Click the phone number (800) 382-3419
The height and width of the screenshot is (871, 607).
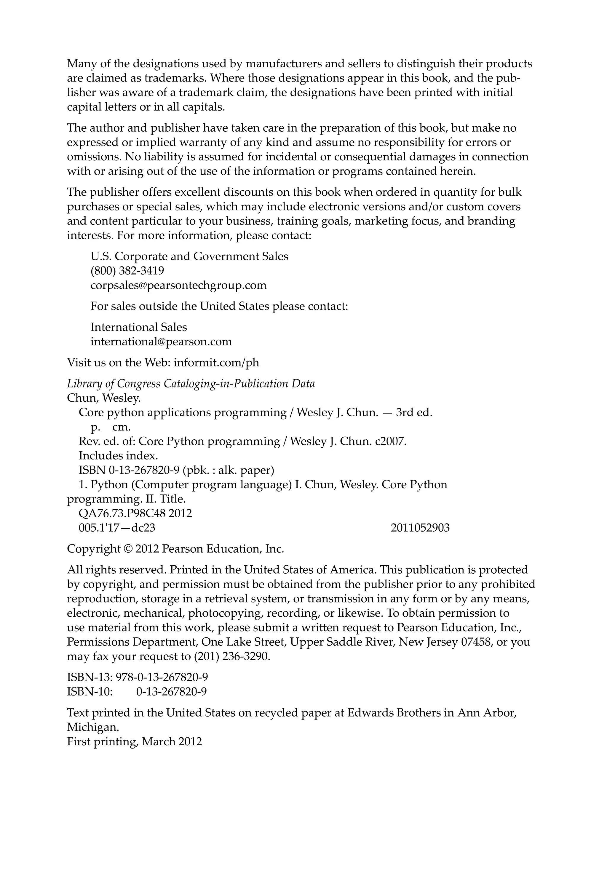click(x=127, y=271)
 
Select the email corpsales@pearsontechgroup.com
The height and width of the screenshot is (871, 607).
click(x=178, y=285)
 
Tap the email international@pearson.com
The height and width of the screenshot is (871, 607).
click(x=161, y=342)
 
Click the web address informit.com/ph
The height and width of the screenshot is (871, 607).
click(x=216, y=363)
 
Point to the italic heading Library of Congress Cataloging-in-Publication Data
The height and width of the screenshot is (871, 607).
click(x=191, y=384)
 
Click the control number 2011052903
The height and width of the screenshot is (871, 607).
click(x=420, y=528)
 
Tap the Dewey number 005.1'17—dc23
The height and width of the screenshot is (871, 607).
click(x=117, y=528)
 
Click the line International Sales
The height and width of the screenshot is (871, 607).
click(x=138, y=327)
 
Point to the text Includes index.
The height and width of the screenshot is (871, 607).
click(x=118, y=456)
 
